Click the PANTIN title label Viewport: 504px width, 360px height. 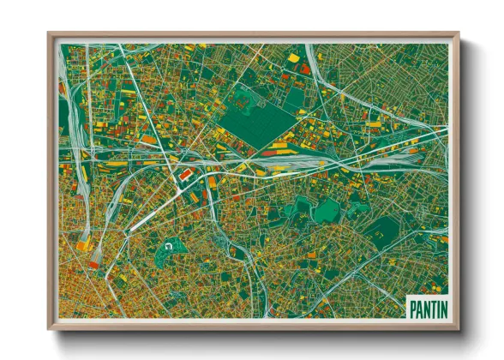(x=425, y=307)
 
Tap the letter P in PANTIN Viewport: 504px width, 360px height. (x=411, y=307)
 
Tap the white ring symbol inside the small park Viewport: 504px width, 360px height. (x=169, y=248)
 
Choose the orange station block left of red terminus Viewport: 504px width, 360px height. (x=82, y=245)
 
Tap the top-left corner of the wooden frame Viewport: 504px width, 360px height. (x=50, y=35)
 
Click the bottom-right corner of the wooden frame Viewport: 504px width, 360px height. (x=458, y=328)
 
